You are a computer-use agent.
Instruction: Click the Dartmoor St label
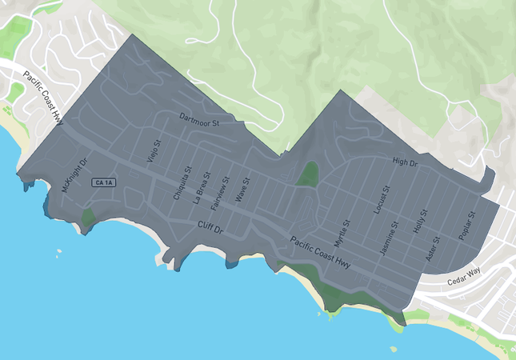199,119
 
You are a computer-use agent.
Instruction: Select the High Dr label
406,162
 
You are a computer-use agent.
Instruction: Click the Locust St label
381,200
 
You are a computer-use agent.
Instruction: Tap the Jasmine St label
389,241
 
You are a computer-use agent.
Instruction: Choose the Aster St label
434,249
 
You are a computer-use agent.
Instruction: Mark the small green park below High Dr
307,174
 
